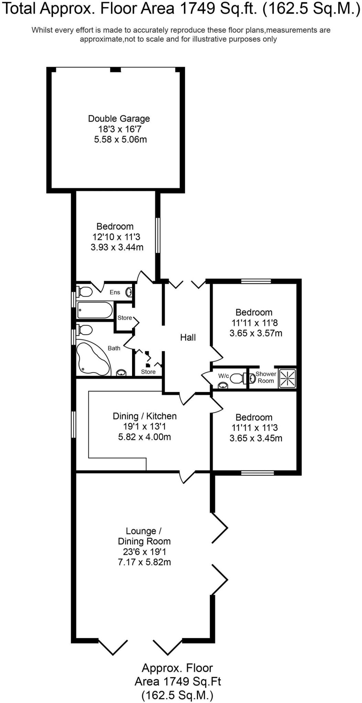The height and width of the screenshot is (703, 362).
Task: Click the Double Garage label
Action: tap(119, 118)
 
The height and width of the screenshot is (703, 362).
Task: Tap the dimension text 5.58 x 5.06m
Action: tap(120, 139)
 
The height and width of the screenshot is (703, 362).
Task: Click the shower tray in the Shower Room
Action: tap(287, 378)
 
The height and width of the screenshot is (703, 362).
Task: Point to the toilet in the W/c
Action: tap(237, 378)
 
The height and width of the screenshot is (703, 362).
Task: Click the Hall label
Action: tap(188, 337)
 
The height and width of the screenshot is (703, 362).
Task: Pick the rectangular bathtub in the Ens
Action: tap(94, 310)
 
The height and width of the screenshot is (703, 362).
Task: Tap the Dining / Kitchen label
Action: tap(144, 416)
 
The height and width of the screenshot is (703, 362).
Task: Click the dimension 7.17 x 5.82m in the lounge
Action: tap(144, 562)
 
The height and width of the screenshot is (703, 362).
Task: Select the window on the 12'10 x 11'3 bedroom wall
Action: tap(157, 235)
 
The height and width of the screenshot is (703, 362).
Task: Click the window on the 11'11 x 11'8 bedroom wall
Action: tap(256, 281)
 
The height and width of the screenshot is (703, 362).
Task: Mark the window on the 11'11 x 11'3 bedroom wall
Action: tap(257, 473)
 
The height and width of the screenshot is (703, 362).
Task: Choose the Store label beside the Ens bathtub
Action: tap(124, 318)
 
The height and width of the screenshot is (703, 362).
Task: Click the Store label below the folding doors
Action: tap(148, 372)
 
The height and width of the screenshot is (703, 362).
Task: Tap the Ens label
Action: tap(115, 292)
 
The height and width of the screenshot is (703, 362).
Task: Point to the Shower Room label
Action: tap(266, 377)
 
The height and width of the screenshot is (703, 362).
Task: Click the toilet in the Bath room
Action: tap(85, 330)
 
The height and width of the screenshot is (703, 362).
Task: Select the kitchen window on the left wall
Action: tap(73, 424)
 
